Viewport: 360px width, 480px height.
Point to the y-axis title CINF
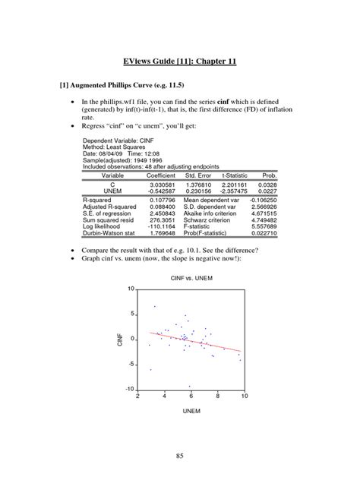click(x=119, y=339)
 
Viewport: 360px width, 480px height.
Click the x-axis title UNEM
click(x=189, y=410)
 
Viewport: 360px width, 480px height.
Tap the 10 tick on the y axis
click(x=131, y=289)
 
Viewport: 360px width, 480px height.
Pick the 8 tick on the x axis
click(x=217, y=396)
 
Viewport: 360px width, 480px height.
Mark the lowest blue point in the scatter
click(x=189, y=386)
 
